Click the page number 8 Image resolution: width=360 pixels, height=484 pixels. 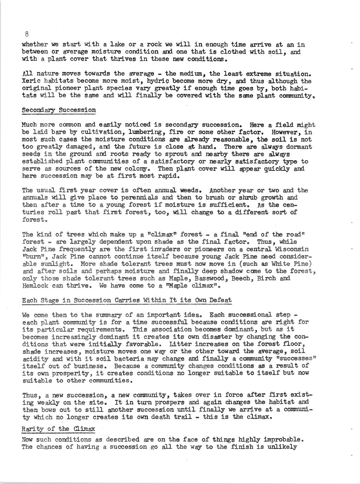coord(27,34)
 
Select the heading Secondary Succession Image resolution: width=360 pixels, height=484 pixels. coord(59,110)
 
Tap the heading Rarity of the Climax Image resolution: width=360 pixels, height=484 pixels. coord(58,429)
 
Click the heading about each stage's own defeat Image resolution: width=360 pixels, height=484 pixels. coord(127,300)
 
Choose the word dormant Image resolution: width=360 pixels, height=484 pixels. coord(298,147)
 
